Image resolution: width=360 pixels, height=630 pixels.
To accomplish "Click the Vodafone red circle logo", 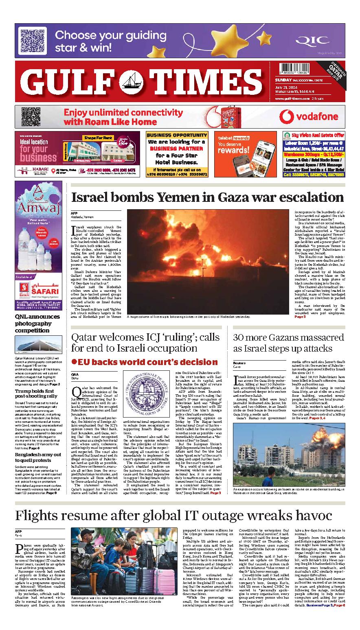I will click(x=287, y=117).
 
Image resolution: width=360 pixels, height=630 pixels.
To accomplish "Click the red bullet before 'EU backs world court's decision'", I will click(x=74, y=361).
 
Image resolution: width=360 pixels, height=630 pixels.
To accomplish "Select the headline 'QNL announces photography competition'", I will click(x=37, y=324).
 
